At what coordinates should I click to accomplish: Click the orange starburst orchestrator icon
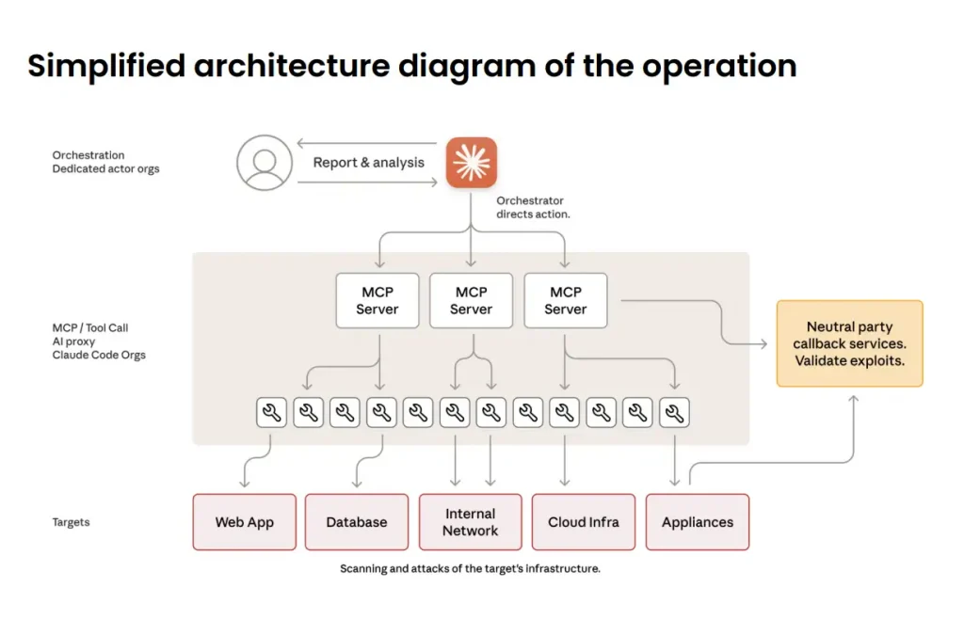pos(471,163)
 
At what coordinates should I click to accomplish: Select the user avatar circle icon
pos(265,163)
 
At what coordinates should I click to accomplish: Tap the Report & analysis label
pos(368,163)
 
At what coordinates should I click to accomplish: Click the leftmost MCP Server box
pos(377,301)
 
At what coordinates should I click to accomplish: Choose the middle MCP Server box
pos(471,301)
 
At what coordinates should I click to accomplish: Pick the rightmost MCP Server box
pos(565,301)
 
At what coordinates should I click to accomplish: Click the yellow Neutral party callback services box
pos(849,343)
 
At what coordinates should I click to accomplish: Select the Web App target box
pos(244,522)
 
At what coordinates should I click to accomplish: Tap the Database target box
pos(357,522)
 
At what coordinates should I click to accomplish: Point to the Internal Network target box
pos(470,522)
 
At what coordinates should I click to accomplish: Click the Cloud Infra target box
pos(584,522)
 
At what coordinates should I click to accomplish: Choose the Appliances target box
pos(697,522)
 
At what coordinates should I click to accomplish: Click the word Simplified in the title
pos(105,66)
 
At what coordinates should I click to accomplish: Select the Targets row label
pos(72,522)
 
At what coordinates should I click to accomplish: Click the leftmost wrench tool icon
pos(271,412)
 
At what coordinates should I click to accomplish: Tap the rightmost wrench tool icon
pos(674,412)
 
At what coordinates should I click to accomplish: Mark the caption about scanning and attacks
pos(470,569)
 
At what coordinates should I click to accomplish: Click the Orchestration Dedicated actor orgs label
pos(105,162)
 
